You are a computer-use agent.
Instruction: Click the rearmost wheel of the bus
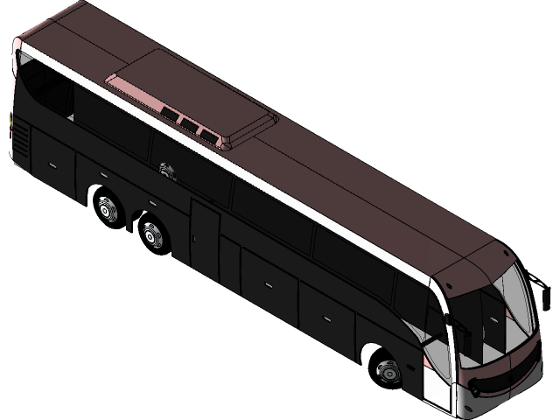pyautogui.click(x=107, y=209)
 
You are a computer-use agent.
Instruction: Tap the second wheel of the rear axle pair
pyautogui.click(x=152, y=234)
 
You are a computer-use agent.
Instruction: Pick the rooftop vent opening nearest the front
pyautogui.click(x=207, y=134)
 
